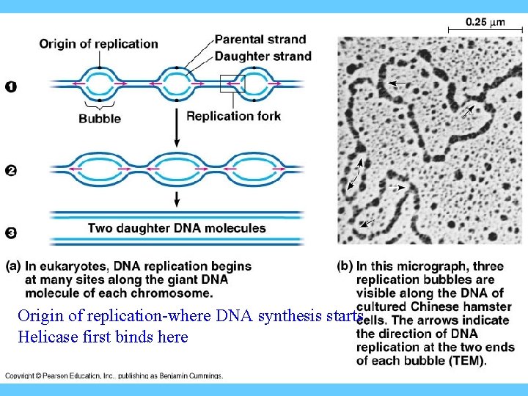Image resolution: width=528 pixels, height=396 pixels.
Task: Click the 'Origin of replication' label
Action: (x=98, y=43)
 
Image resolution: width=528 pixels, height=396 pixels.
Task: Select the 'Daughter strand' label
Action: (x=263, y=56)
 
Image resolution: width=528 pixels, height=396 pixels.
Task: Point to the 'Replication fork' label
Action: (x=233, y=116)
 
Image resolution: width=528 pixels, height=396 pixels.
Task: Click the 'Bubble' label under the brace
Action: (x=100, y=119)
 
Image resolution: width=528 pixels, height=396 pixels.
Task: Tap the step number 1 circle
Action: (x=11, y=87)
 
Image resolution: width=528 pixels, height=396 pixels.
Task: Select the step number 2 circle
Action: (x=11, y=171)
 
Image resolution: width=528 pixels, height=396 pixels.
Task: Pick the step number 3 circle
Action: (x=11, y=233)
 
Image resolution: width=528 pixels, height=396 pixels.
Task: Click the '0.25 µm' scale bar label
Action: (x=485, y=22)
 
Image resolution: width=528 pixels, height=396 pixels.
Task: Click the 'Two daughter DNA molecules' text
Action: (x=177, y=228)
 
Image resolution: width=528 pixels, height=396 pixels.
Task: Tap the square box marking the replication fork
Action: (x=234, y=84)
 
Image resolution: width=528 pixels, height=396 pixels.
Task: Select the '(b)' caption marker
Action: (x=345, y=265)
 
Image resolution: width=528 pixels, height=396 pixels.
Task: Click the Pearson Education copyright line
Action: (x=114, y=375)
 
